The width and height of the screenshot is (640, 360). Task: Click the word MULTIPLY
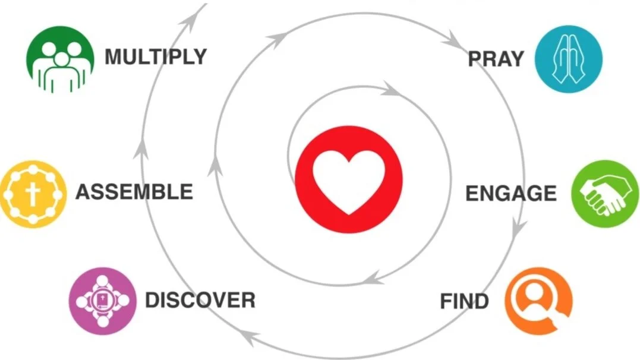click(156, 57)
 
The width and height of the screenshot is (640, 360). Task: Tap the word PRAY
click(496, 59)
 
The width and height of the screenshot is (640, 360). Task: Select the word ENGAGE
click(510, 194)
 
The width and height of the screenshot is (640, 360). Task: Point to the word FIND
click(464, 302)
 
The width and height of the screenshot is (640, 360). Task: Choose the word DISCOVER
click(200, 300)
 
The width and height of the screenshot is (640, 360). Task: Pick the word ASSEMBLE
click(134, 192)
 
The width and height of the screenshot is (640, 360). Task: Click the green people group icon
click(60, 59)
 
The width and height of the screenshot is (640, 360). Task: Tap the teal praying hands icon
click(568, 58)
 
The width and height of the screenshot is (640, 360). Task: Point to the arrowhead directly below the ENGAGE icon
click(519, 228)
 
